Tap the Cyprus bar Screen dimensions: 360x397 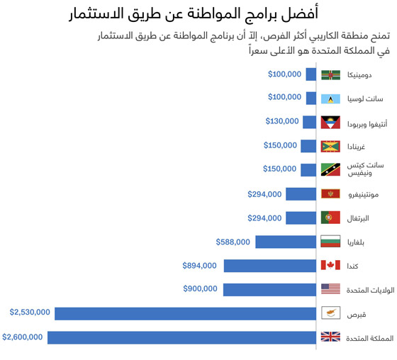[x=185, y=313]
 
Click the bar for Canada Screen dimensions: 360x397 [x=269, y=265]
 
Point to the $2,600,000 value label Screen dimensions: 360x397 [x=23, y=337]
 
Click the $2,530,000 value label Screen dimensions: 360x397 [x=30, y=312]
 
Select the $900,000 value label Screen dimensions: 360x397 [x=200, y=288]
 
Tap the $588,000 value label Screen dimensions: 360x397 [x=233, y=242]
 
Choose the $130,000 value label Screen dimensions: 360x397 [x=282, y=121]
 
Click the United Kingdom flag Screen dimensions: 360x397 [x=331, y=337]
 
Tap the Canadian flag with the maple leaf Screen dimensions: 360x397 [x=331, y=265]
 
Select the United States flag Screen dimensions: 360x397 [x=331, y=289]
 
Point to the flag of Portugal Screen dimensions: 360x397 [x=331, y=218]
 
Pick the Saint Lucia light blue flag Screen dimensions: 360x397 [x=331, y=99]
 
